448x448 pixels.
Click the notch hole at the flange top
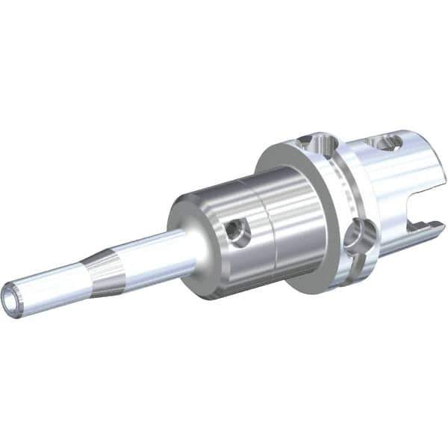pyautogui.click(x=318, y=140)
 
